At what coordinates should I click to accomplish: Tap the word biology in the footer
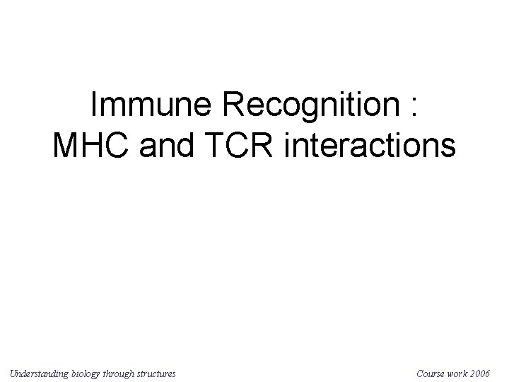pos(93,372)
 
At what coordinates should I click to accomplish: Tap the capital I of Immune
pos(95,106)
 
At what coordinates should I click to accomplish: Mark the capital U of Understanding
pos(13,372)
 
